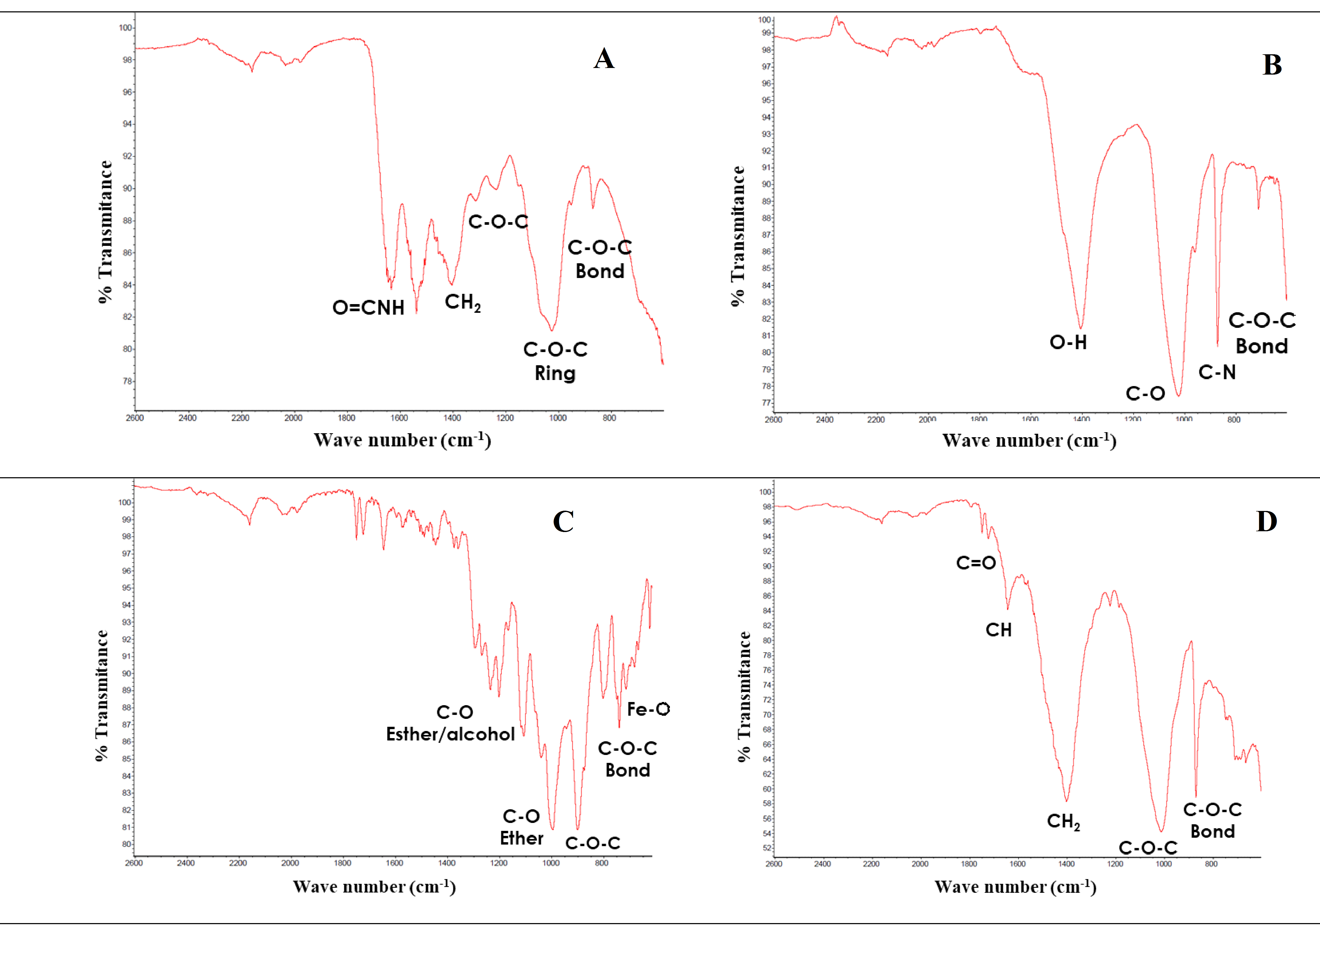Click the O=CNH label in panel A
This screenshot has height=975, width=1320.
coord(368,308)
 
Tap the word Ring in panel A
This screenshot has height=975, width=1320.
coord(555,374)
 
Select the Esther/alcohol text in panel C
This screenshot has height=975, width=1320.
coord(450,734)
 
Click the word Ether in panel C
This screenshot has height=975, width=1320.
coord(521,838)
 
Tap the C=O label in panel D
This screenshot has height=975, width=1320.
coord(975,563)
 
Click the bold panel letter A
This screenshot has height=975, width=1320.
coord(604,58)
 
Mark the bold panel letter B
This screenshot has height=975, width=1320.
coord(1272,65)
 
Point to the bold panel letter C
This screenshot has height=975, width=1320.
coord(563,522)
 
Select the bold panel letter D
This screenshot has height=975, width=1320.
coord(1266,522)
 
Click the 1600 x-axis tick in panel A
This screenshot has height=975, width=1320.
coord(399,418)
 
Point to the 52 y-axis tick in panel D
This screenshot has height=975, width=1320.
coord(767,848)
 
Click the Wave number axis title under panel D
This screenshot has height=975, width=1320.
coord(1015,887)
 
